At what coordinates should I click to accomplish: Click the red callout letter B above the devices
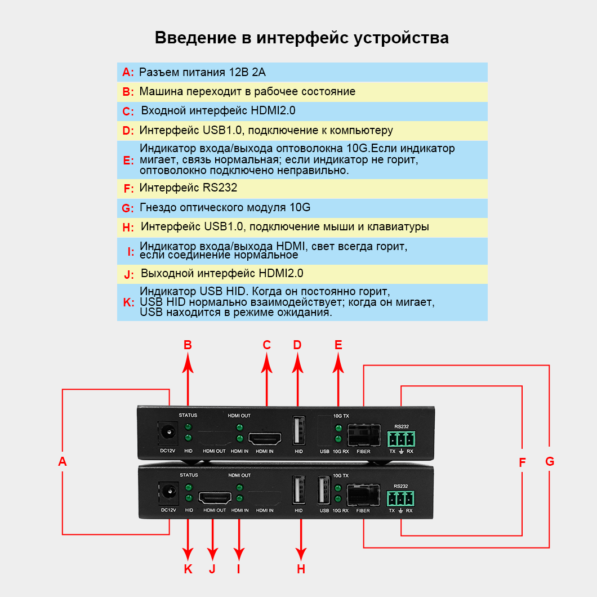tap(188, 345)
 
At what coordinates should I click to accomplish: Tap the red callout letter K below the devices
tap(188, 569)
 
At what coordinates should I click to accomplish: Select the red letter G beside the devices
tap(550, 462)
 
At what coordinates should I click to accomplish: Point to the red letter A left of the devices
tap(63, 462)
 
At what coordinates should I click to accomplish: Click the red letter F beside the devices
tap(522, 462)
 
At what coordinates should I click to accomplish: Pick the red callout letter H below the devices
tap(301, 569)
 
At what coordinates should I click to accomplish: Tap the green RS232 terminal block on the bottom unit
tap(400, 498)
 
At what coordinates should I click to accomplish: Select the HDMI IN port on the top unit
tap(266, 438)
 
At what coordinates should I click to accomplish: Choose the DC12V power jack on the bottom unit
tap(167, 493)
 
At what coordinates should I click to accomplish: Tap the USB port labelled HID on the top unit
tap(298, 431)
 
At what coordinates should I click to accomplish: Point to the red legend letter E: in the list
tap(128, 159)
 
